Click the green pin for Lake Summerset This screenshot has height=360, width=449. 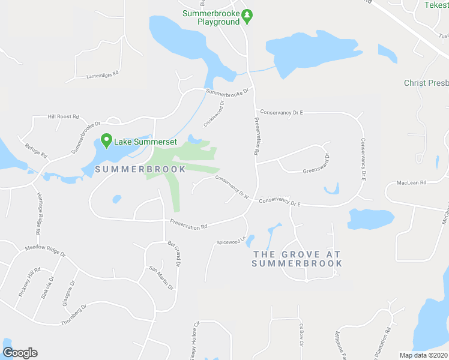pos(107,141)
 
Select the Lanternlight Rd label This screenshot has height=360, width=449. pos(103,75)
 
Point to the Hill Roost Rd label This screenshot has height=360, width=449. pos(64,116)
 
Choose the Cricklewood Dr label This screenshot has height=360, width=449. pos(214,113)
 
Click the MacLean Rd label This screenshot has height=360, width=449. pos(411,182)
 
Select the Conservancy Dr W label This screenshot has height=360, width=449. pos(232,186)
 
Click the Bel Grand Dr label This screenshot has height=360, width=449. pos(175,254)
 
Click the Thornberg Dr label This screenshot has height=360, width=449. pos(74,315)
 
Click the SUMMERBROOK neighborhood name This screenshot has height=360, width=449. pos(140,169)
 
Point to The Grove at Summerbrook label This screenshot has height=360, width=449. pos(297,259)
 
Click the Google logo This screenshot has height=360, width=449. pos(20,353)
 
